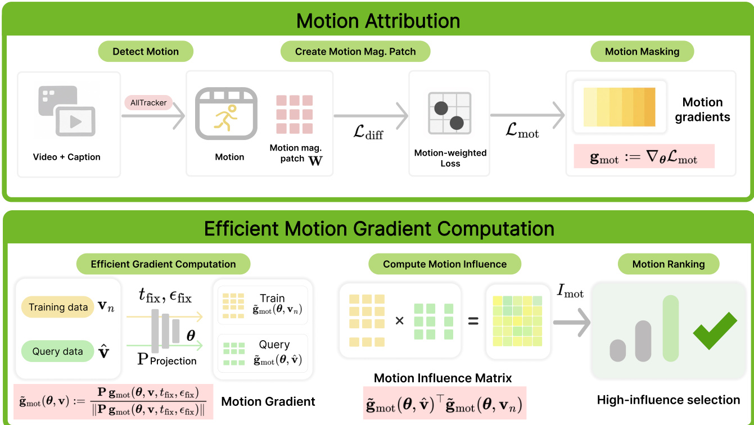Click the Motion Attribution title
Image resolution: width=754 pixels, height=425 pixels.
[378, 21]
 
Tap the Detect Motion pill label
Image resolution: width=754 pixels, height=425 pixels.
[146, 51]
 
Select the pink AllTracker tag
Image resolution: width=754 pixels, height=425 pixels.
[149, 103]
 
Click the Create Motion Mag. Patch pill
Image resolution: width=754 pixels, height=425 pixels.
[355, 51]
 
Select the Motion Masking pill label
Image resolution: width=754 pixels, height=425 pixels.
[642, 51]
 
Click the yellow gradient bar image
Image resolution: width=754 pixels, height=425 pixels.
[620, 107]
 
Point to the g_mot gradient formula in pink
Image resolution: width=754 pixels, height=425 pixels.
[644, 157]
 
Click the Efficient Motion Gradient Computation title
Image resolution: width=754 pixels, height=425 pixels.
[378, 228]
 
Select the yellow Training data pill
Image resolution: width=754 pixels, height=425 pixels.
[58, 308]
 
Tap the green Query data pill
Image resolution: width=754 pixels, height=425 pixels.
[57, 351]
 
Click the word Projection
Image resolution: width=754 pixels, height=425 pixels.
[173, 360]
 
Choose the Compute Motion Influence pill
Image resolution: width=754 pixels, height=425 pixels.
[445, 264]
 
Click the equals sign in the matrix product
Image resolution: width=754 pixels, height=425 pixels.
[473, 322]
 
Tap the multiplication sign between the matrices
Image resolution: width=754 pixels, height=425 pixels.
[400, 322]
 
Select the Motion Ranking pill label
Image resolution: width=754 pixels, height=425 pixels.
[668, 264]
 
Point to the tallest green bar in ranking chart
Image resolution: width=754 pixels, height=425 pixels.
[671, 328]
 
